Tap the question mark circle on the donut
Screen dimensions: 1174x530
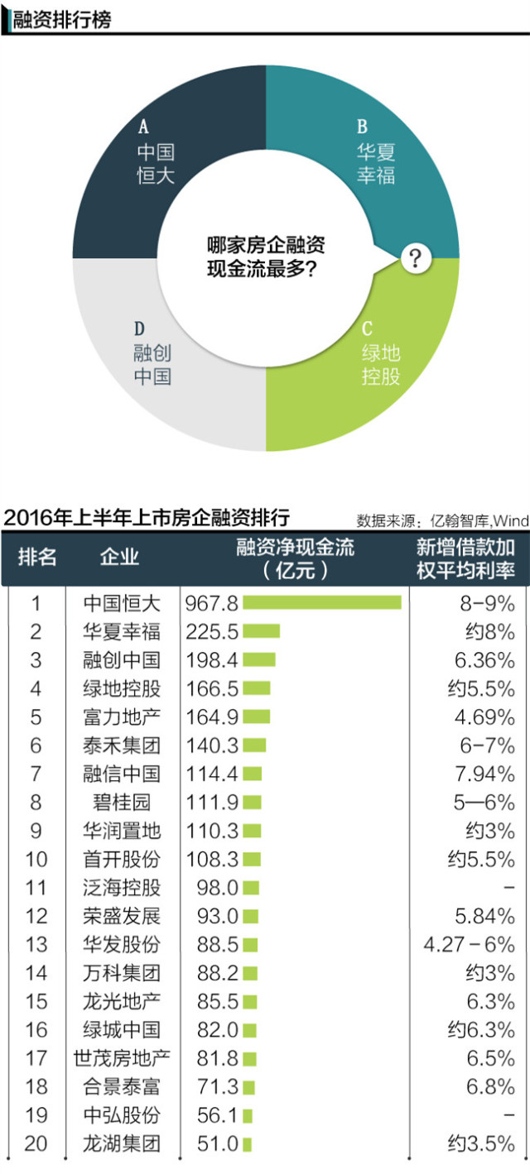[x=415, y=259]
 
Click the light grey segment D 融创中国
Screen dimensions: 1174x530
[x=152, y=364]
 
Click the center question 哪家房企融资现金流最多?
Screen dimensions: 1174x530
[x=265, y=258]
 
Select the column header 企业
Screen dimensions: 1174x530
[x=119, y=557]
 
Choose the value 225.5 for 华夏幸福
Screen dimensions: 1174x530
[x=213, y=632]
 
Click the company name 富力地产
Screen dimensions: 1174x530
[x=122, y=716]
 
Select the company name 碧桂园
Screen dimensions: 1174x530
[x=122, y=802]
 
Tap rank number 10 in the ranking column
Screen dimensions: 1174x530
[x=36, y=859]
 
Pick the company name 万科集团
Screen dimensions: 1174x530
[x=122, y=972]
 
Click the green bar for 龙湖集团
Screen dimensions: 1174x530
[x=247, y=1143]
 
